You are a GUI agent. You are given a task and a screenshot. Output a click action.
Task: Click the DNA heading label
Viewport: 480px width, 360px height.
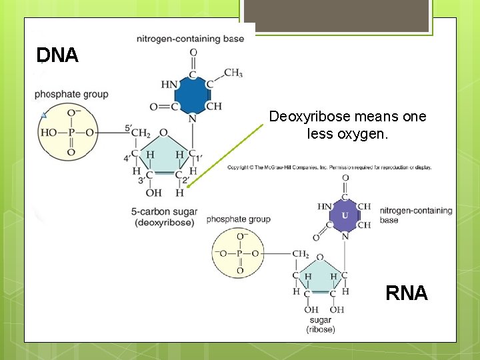point(57,55)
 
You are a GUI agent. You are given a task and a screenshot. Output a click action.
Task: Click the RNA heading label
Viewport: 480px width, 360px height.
point(406,293)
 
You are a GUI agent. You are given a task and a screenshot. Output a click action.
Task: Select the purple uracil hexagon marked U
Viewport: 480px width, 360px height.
point(345,215)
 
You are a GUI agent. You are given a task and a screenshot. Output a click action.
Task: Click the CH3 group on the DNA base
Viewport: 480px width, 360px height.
point(233,73)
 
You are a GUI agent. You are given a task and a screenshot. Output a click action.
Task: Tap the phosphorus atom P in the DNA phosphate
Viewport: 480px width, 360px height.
point(71,133)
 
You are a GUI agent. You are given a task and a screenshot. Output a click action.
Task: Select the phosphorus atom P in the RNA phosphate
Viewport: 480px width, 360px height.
point(239,254)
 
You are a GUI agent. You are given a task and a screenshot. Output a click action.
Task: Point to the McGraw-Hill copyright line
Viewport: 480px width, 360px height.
point(329,167)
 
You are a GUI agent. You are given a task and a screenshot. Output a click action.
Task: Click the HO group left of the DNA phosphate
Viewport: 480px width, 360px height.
point(49,133)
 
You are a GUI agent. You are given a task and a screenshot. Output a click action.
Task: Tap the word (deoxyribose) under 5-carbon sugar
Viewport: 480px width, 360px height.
point(163,222)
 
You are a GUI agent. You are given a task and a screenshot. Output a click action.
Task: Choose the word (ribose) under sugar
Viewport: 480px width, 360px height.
point(321,329)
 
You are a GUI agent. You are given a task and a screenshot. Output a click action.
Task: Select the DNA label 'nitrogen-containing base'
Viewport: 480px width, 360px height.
point(190,39)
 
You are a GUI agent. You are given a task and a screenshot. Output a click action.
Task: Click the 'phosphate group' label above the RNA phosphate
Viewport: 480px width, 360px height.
point(238,219)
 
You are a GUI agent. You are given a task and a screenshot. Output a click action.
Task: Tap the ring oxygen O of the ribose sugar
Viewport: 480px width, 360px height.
point(320,257)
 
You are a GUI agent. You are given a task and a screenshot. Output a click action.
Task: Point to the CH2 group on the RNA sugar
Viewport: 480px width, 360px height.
point(300,254)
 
